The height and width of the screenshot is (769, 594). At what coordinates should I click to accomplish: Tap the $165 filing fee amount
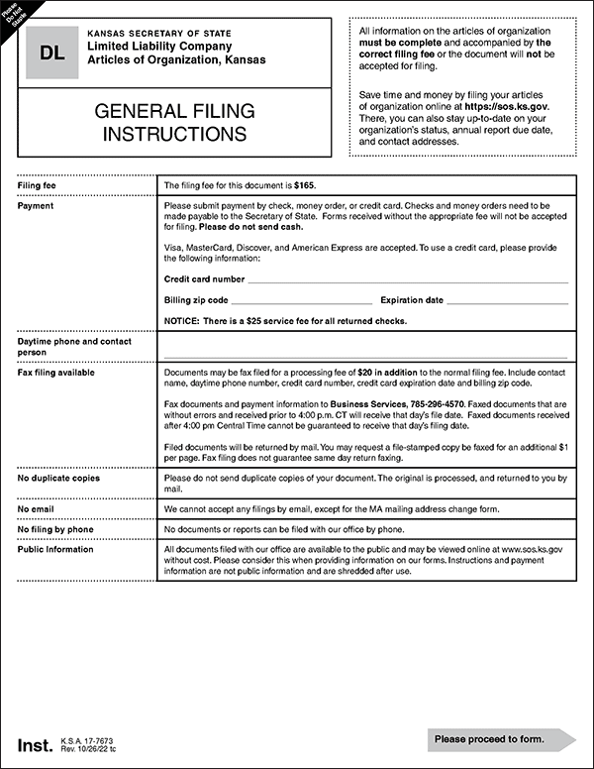306,186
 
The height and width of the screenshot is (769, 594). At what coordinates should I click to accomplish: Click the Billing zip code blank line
302,301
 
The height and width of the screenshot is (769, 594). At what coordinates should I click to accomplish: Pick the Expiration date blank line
508,301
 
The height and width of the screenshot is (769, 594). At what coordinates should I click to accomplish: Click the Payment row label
37,206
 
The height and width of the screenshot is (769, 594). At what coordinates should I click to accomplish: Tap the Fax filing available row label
56,373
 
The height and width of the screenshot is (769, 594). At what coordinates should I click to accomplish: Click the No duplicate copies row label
58,479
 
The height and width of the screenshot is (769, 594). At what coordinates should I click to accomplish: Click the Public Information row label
55,548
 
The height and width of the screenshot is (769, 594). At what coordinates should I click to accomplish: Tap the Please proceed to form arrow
500,739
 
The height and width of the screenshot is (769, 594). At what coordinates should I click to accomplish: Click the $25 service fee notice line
285,320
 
